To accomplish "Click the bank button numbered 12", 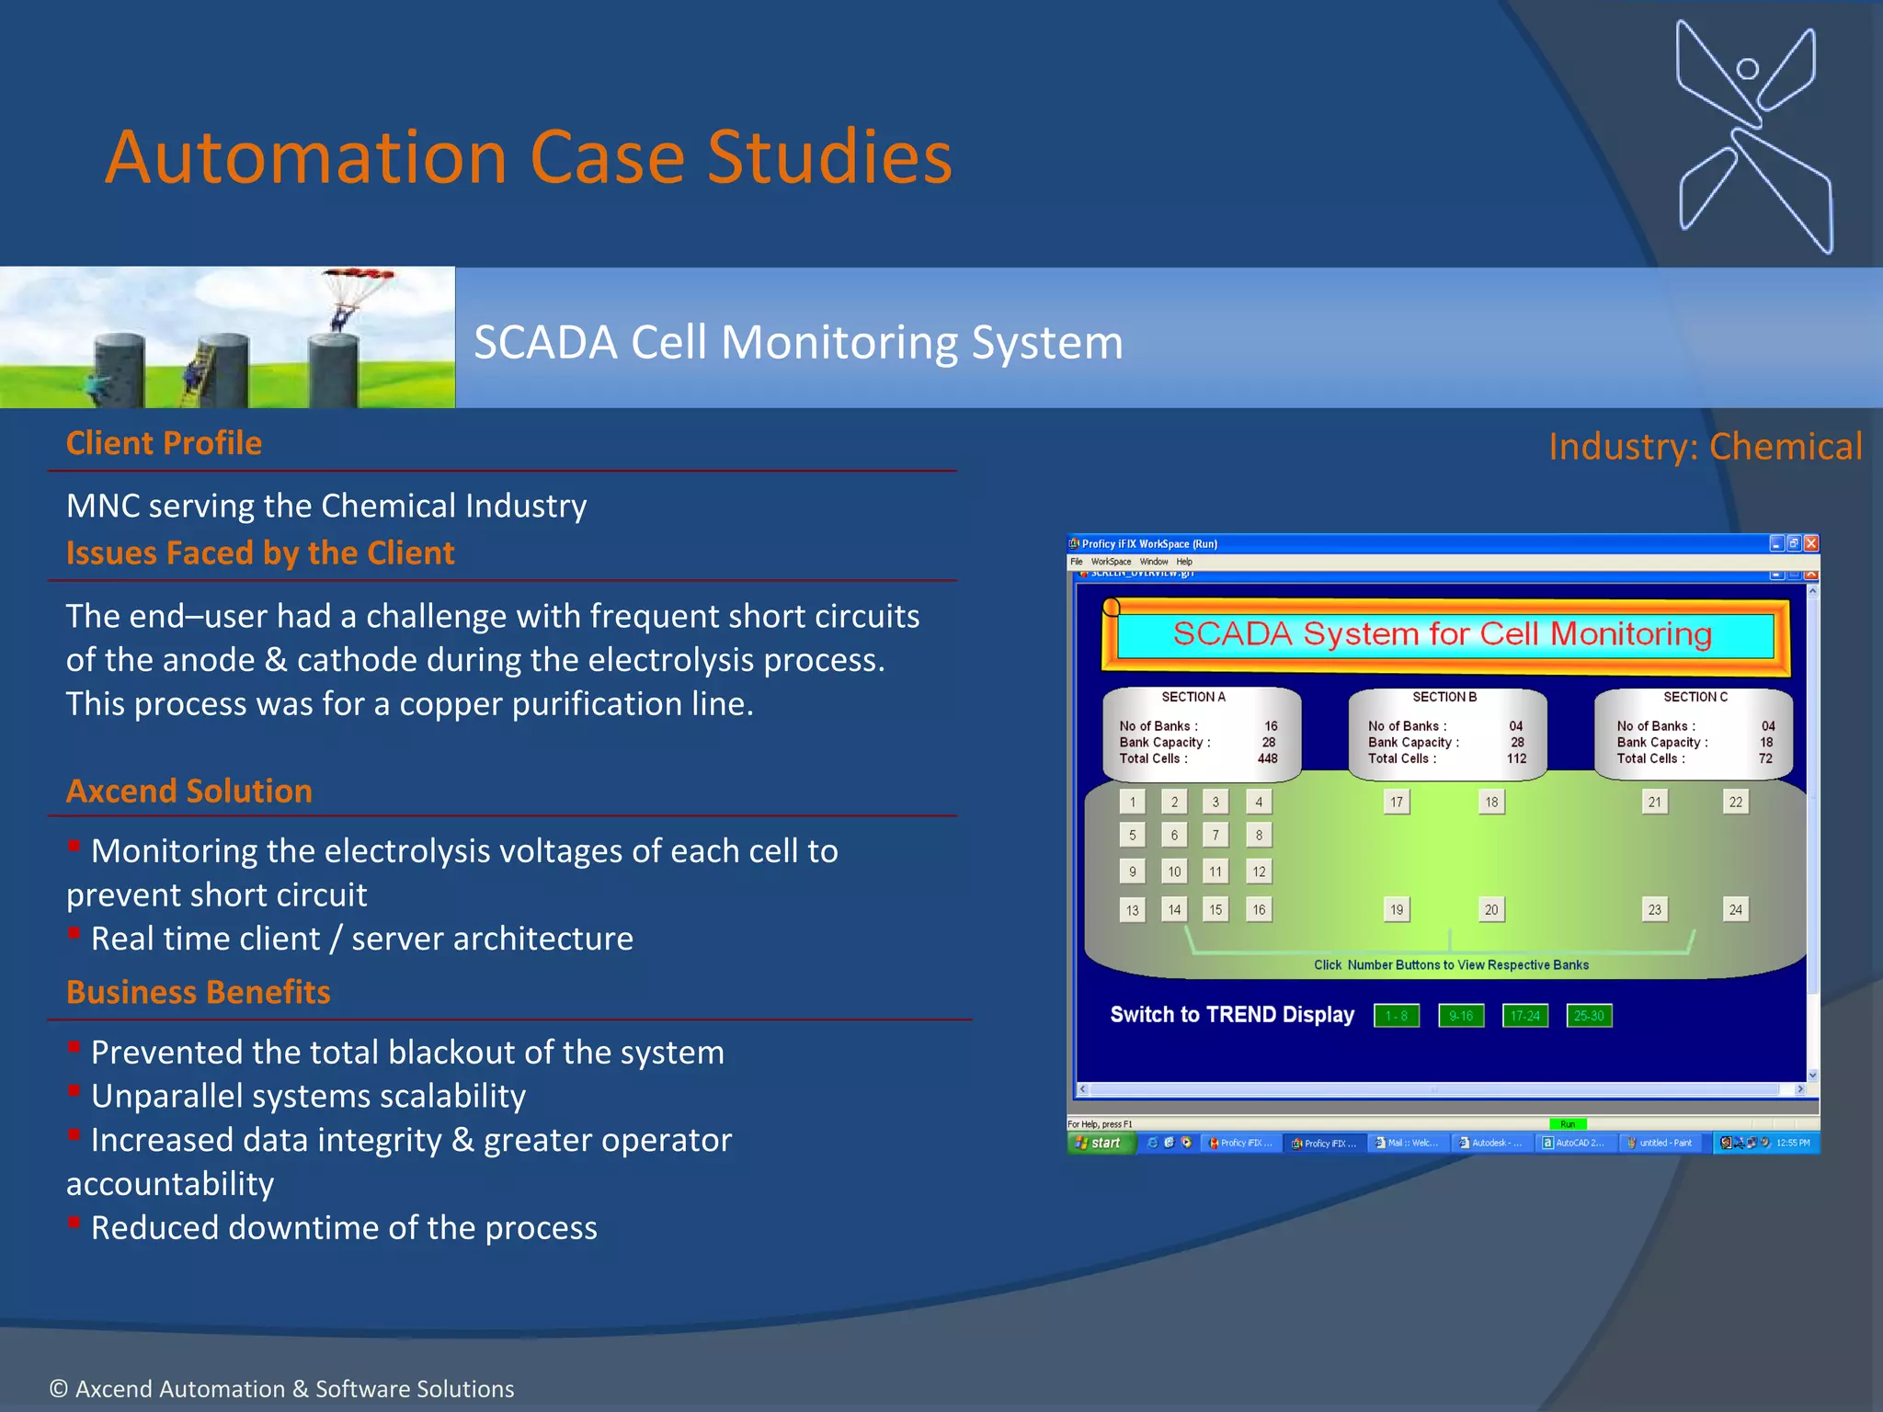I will (1259, 871).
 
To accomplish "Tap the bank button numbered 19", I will (1397, 909).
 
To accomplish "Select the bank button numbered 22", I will (1735, 802).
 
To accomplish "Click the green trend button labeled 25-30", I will (1589, 1016).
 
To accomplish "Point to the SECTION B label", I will (1444, 697).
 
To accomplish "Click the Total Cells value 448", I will (1267, 758).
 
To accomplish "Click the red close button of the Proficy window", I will (1810, 543).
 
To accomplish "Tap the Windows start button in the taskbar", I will (1101, 1143).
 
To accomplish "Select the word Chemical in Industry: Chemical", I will (1786, 447).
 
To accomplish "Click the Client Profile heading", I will (164, 443).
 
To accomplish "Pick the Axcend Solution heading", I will (189, 791).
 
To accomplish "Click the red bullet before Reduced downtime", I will (74, 1223).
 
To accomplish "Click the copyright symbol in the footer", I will (59, 1389).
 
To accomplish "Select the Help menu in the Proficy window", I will (1184, 562).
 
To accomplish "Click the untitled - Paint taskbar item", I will (1662, 1143).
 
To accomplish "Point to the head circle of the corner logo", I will (1747, 69).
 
